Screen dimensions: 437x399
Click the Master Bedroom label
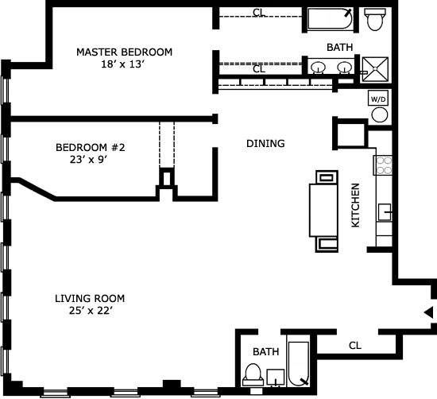pos(124,52)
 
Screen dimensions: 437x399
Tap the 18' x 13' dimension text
pos(123,64)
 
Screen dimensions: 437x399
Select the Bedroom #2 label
pos(91,147)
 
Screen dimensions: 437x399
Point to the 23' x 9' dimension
pos(89,160)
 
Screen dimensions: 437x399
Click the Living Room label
pos(90,299)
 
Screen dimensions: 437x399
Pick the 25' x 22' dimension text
pos(91,311)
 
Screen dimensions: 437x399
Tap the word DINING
pos(265,144)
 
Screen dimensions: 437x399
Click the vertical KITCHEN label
pos(355,205)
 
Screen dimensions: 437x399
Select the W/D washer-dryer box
pos(378,99)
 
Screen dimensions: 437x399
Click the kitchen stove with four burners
pos(383,165)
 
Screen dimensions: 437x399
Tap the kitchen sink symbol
pos(385,212)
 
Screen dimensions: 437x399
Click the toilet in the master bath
pos(375,19)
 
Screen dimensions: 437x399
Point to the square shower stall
pos(375,69)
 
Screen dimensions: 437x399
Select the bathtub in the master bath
pos(330,18)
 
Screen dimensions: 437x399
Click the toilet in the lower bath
pos(253,374)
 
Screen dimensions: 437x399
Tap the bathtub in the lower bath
pos(299,364)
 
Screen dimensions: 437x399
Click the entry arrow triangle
pos(428,312)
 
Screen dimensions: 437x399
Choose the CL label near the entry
pos(355,346)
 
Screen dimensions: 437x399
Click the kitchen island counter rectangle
pos(323,211)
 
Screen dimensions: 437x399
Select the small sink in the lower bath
pos(276,378)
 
